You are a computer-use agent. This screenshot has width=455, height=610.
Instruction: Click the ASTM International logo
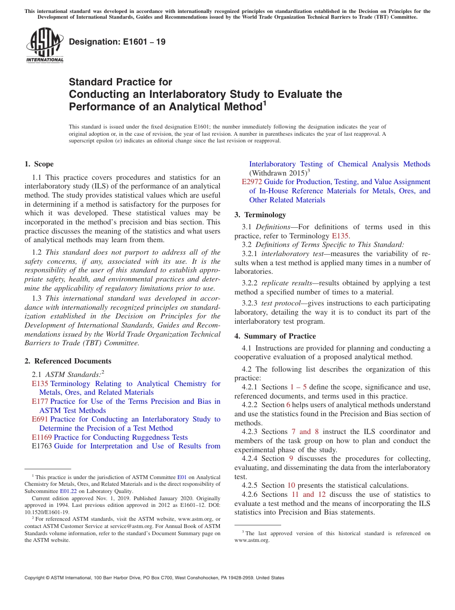point(45,45)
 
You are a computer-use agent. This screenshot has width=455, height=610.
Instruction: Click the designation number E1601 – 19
point(117,42)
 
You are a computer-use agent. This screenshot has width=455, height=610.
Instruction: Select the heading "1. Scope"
point(39,164)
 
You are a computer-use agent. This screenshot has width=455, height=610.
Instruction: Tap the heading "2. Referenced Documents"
point(68,361)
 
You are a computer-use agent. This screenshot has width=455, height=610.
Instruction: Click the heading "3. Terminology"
point(260,215)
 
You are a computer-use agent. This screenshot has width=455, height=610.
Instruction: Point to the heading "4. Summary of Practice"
point(275,336)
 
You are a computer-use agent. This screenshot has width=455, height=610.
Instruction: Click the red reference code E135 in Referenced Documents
point(40,384)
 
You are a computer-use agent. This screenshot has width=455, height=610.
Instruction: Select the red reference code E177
point(40,401)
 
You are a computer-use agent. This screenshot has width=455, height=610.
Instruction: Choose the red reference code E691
point(40,419)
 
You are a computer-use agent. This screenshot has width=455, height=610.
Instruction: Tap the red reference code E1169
point(42,437)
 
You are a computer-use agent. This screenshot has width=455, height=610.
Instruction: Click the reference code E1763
point(42,446)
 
